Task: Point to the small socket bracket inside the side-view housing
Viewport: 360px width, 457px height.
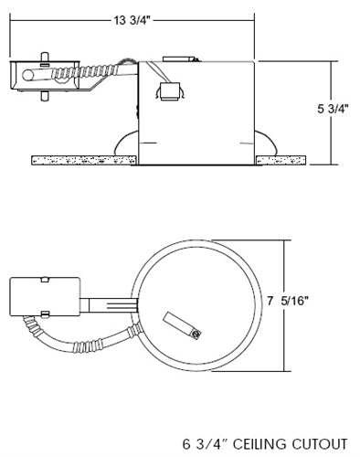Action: (170, 90)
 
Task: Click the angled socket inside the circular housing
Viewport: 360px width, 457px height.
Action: (180, 324)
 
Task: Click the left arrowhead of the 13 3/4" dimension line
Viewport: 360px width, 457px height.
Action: (10, 20)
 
